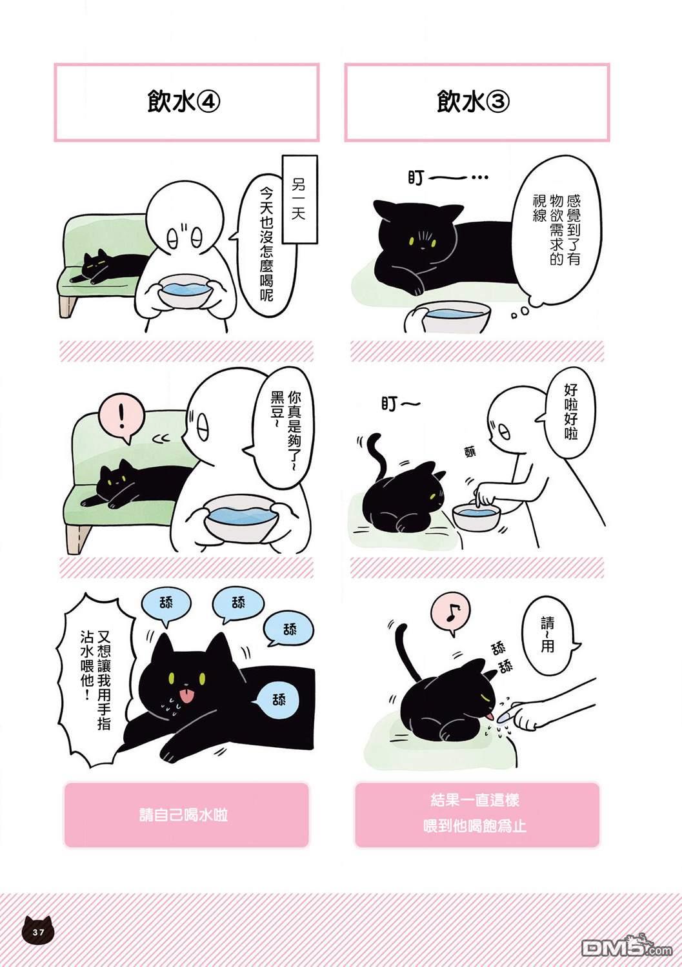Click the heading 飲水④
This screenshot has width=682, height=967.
tap(184, 103)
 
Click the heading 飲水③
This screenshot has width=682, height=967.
tap(473, 103)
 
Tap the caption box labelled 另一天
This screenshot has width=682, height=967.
tap(299, 199)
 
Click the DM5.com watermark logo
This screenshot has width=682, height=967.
tap(627, 947)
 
